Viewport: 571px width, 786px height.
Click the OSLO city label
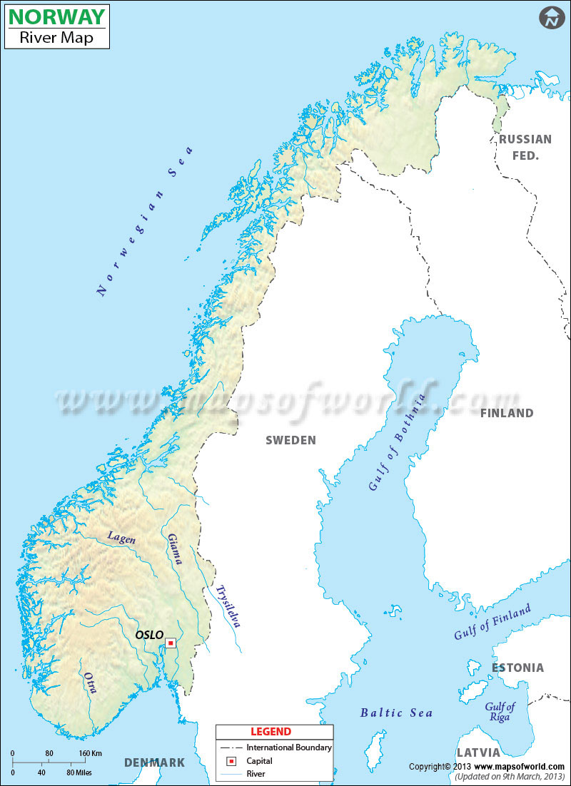(x=149, y=635)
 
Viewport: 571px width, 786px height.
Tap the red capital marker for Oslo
(x=171, y=643)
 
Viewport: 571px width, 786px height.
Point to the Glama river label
(x=175, y=549)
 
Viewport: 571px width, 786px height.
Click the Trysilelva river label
(x=228, y=606)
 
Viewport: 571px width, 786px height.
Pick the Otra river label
(x=90, y=683)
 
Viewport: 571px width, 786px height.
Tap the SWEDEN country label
(x=290, y=440)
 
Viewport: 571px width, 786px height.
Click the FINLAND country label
(x=507, y=413)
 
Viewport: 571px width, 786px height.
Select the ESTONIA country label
(x=517, y=668)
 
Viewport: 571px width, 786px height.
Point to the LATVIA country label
(x=478, y=752)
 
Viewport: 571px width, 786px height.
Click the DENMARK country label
(x=155, y=762)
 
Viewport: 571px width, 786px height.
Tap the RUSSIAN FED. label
(x=525, y=147)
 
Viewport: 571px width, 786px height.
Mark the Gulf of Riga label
(x=500, y=711)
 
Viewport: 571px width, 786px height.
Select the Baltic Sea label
(x=396, y=713)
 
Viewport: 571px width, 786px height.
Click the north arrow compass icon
(x=551, y=19)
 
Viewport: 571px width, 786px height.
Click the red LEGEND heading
(x=271, y=732)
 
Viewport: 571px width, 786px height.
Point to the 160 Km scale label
(x=91, y=753)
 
